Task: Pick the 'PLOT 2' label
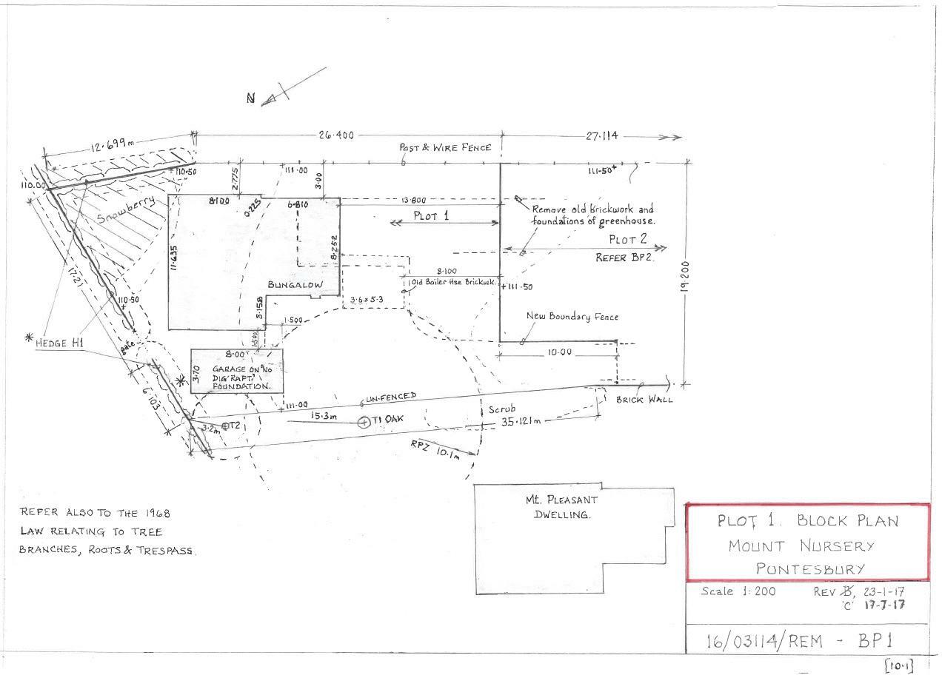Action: click(628, 240)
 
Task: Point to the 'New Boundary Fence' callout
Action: click(572, 317)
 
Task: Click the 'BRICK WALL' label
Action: click(645, 400)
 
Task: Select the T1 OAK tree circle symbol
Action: click(364, 423)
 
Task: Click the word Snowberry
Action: click(126, 212)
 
